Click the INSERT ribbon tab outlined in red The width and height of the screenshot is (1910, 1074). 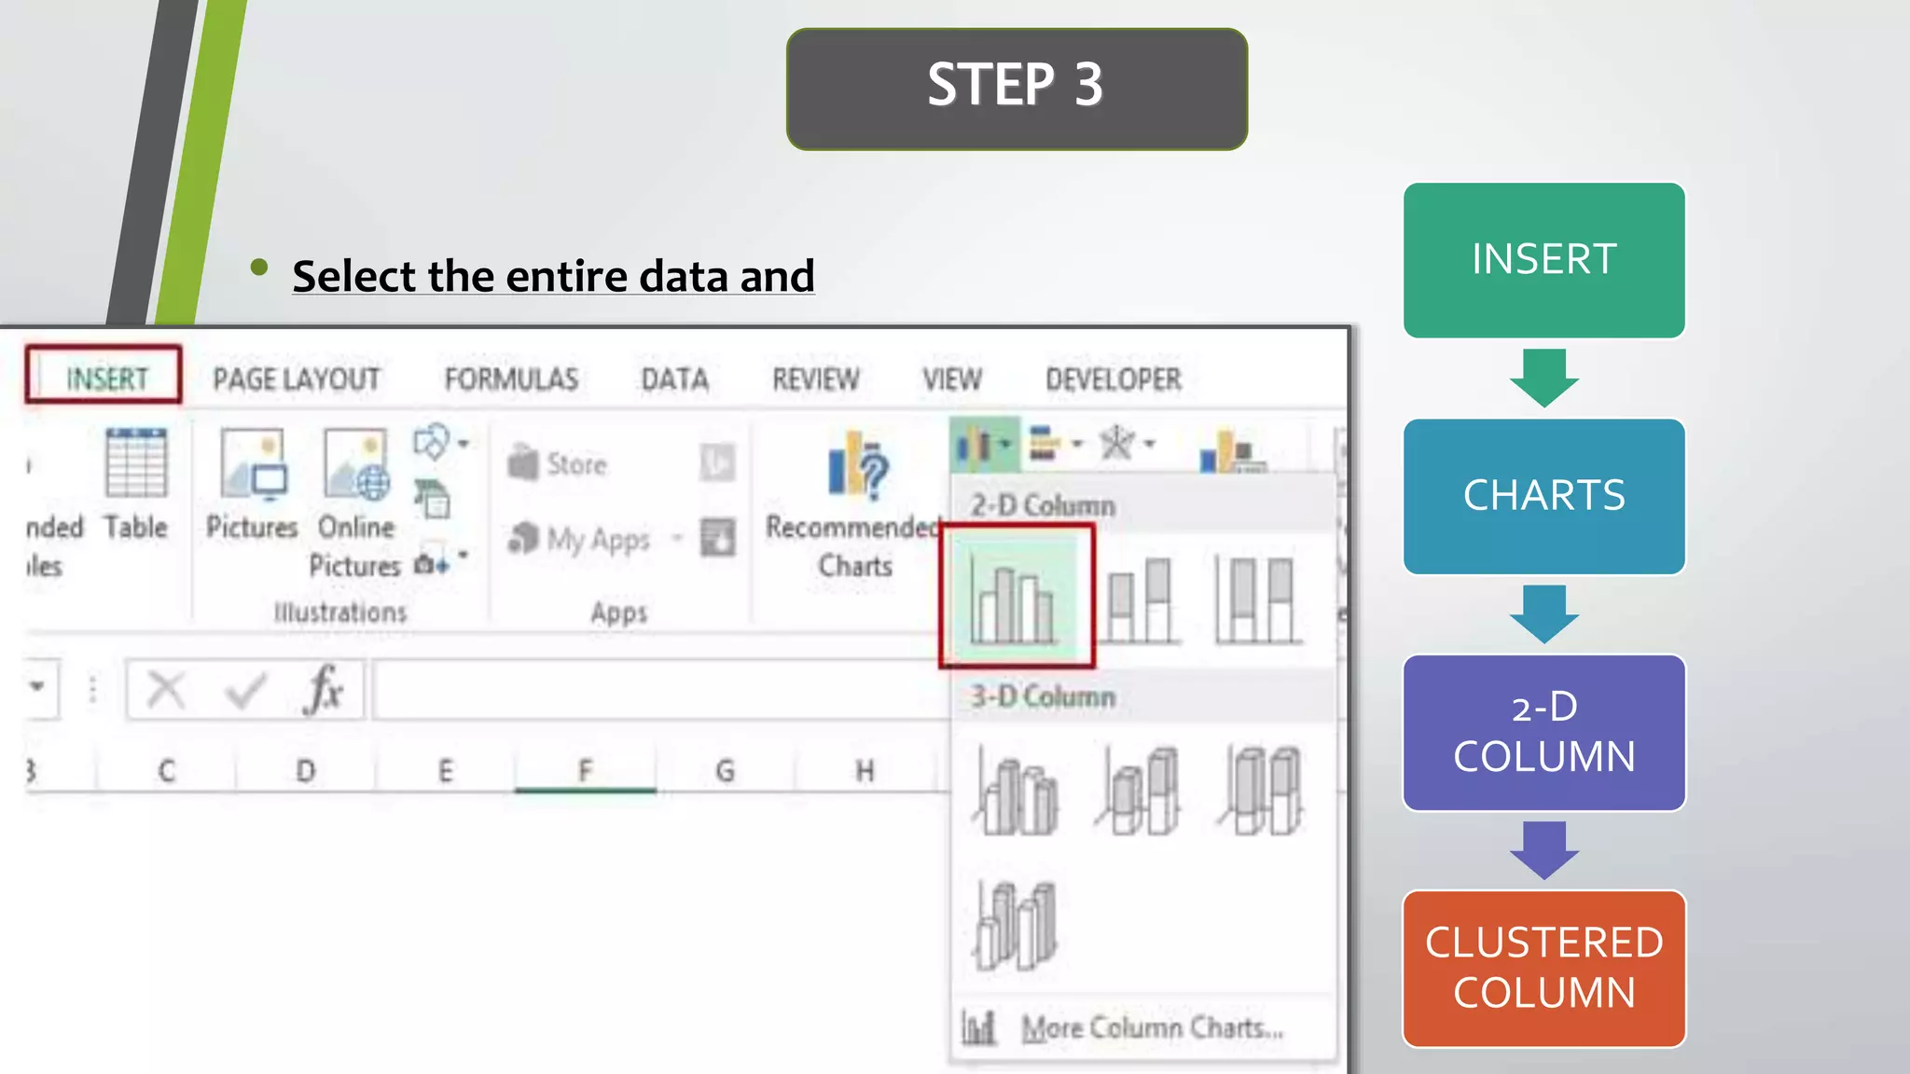(105, 377)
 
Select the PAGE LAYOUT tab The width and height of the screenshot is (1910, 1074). (296, 379)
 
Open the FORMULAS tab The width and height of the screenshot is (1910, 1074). (511, 379)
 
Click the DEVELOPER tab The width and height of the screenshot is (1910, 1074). (1113, 379)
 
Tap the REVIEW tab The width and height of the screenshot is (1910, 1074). (815, 379)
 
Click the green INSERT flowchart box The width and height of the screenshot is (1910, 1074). (1543, 260)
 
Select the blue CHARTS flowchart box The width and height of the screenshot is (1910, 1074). (1543, 496)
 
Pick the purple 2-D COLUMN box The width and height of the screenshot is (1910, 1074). (1543, 733)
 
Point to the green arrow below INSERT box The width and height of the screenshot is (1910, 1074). (1543, 378)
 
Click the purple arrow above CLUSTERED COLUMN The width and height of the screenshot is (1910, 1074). (1543, 849)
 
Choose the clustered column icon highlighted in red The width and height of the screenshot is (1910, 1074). (1015, 597)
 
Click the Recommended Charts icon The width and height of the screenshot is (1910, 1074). (857, 464)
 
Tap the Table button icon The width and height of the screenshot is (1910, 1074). (136, 463)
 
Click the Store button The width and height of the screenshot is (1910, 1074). (559, 463)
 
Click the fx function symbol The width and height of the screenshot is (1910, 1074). (324, 689)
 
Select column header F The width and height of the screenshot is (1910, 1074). (585, 770)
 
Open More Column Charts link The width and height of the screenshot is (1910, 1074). (1151, 1027)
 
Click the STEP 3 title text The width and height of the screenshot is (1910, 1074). (1016, 86)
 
